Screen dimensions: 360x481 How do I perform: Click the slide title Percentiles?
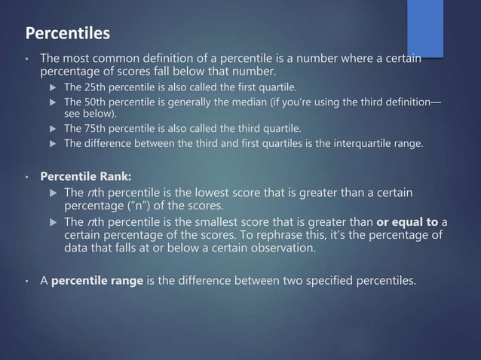(68, 34)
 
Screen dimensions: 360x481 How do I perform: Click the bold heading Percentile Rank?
(85, 177)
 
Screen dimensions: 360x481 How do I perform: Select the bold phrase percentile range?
(96, 282)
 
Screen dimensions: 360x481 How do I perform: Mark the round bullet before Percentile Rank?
(26, 178)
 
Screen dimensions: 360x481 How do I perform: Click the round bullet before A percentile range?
(26, 282)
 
